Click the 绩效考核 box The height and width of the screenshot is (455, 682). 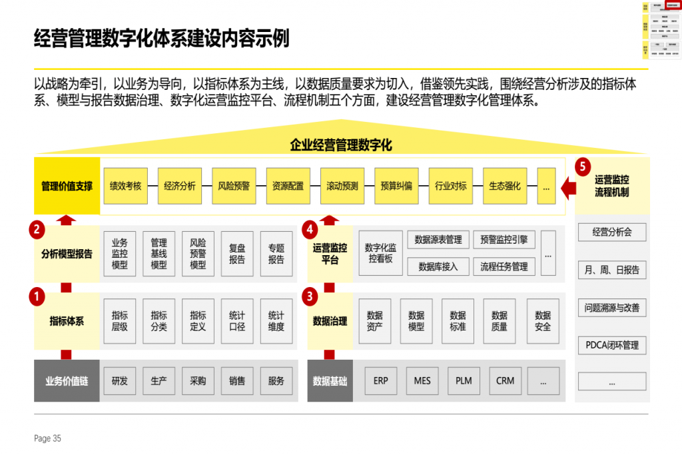126,186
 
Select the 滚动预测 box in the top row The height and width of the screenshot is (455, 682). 342,186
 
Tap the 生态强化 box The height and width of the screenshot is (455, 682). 505,186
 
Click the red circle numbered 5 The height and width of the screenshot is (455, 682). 583,166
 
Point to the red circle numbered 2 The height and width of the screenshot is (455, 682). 37,230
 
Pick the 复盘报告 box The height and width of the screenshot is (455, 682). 237,254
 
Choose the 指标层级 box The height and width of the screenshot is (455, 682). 120,321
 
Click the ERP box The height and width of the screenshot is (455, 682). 381,381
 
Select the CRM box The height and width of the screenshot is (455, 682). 506,381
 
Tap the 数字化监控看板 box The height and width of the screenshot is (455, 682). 380,253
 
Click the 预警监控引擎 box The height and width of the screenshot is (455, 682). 504,240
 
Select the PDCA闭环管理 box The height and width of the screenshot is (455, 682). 612,345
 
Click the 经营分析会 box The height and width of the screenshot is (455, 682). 612,232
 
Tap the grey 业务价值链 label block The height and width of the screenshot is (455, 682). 67,381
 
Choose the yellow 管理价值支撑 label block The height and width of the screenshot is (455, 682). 67,186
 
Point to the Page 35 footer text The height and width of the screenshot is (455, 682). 47,438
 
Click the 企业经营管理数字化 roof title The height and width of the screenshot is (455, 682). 341,145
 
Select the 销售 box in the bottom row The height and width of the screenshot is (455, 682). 237,381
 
